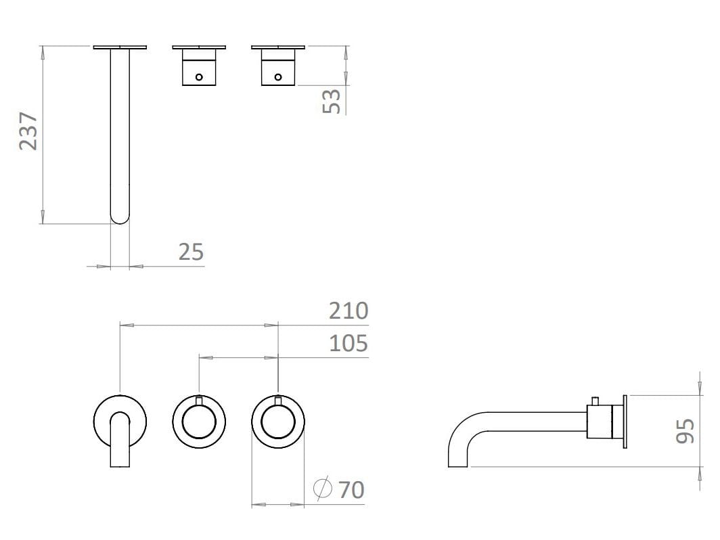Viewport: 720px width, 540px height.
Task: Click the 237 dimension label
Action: point(28,131)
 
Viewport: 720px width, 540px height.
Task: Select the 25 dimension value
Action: point(191,252)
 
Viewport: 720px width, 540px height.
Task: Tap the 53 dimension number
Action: point(332,101)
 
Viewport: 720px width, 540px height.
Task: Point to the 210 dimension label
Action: point(348,311)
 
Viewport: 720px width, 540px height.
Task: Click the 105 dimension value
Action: point(348,344)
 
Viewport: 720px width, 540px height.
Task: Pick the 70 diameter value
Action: point(351,490)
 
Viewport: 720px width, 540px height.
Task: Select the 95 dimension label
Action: point(685,430)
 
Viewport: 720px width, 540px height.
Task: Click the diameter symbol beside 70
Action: point(323,488)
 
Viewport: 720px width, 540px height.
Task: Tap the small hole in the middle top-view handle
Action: point(199,77)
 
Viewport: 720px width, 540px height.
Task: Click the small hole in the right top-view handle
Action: point(278,77)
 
